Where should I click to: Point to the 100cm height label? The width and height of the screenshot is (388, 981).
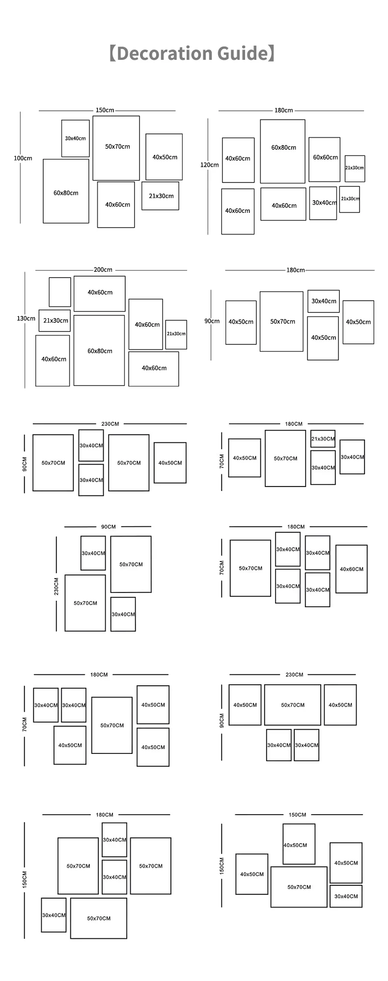tap(23, 158)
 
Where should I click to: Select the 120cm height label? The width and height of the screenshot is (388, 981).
tap(209, 165)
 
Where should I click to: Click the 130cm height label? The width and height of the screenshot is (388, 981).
tap(26, 318)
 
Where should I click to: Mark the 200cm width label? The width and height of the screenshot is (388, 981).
tap(103, 270)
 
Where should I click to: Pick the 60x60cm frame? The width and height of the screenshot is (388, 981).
tap(325, 159)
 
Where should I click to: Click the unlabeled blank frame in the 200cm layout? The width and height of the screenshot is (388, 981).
tap(60, 292)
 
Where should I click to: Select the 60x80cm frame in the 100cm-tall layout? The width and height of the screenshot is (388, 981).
tap(66, 191)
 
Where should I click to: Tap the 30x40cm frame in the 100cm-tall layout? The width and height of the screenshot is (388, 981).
tap(75, 138)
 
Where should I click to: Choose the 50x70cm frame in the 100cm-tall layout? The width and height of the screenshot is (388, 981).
tap(116, 148)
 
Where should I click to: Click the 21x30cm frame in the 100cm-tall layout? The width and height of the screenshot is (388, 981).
tap(161, 196)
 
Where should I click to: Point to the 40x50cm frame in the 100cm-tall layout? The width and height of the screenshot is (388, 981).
tap(164, 157)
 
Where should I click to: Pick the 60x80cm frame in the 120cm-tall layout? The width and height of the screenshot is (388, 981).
tap(283, 151)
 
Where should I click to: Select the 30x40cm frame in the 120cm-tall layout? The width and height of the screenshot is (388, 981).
tap(323, 203)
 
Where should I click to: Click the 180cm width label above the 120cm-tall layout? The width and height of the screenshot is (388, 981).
tap(283, 110)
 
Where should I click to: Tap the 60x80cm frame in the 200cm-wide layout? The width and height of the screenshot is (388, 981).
tap(99, 350)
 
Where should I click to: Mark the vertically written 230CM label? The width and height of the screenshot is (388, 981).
tap(56, 586)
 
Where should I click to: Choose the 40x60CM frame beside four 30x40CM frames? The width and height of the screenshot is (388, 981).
tap(352, 569)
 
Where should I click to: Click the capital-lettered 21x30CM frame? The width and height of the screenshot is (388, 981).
tap(323, 439)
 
